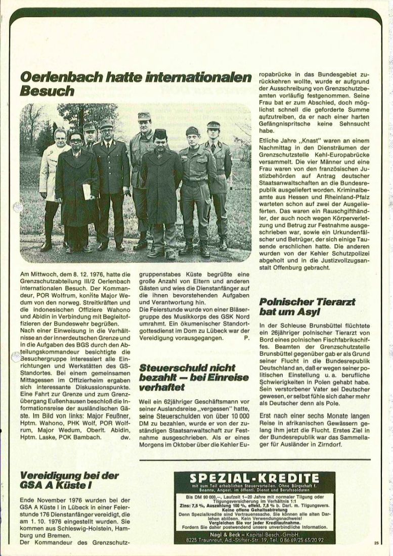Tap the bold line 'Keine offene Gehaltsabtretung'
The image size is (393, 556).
[253, 507]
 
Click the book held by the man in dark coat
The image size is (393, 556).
[87, 191]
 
